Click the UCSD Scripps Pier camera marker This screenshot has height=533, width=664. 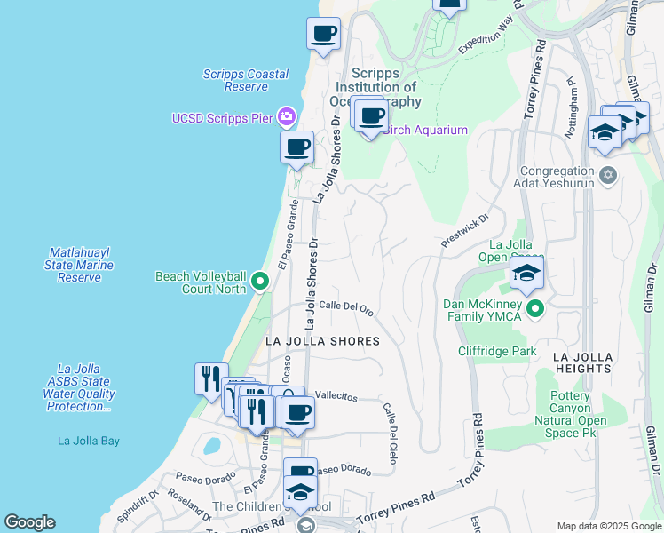click(x=286, y=116)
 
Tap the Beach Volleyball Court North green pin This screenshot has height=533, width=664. click(x=259, y=282)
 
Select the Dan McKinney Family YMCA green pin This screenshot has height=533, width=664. click(x=534, y=309)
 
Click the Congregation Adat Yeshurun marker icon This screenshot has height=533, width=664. click(x=608, y=174)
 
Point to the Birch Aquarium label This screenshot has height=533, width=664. click(x=425, y=131)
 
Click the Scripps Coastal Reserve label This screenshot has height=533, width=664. click(x=233, y=80)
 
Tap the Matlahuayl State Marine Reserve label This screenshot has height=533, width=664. click(x=80, y=265)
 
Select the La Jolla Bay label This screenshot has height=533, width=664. click(x=89, y=441)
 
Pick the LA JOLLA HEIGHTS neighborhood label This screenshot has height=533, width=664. click(x=582, y=362)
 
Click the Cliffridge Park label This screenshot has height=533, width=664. click(x=497, y=352)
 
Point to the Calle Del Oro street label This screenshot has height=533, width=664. click(x=345, y=307)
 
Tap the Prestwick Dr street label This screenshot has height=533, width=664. click(x=465, y=230)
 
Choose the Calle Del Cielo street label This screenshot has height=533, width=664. click(x=390, y=433)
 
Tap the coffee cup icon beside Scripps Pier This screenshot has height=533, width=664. click(x=296, y=147)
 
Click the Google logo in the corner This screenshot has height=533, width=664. click(x=29, y=522)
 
